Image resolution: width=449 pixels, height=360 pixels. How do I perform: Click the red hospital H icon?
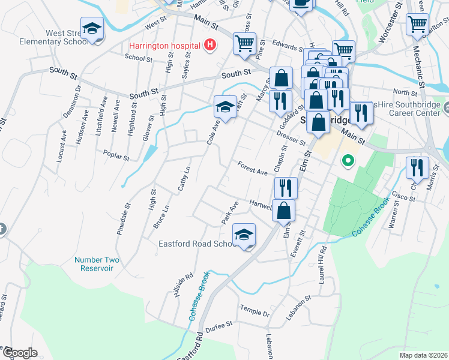[x=209, y=44]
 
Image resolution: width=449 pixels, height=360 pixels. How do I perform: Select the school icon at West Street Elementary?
[x=92, y=28]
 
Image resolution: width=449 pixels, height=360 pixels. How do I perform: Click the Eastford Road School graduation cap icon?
[x=244, y=235]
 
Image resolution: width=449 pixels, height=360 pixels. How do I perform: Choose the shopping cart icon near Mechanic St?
[x=417, y=25]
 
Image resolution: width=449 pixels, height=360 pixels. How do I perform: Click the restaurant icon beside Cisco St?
[x=417, y=168]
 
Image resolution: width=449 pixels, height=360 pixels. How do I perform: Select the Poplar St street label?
[x=116, y=155]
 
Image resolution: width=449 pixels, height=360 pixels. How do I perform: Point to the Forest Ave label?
[x=252, y=169]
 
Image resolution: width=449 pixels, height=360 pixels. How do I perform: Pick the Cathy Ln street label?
[x=184, y=179]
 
